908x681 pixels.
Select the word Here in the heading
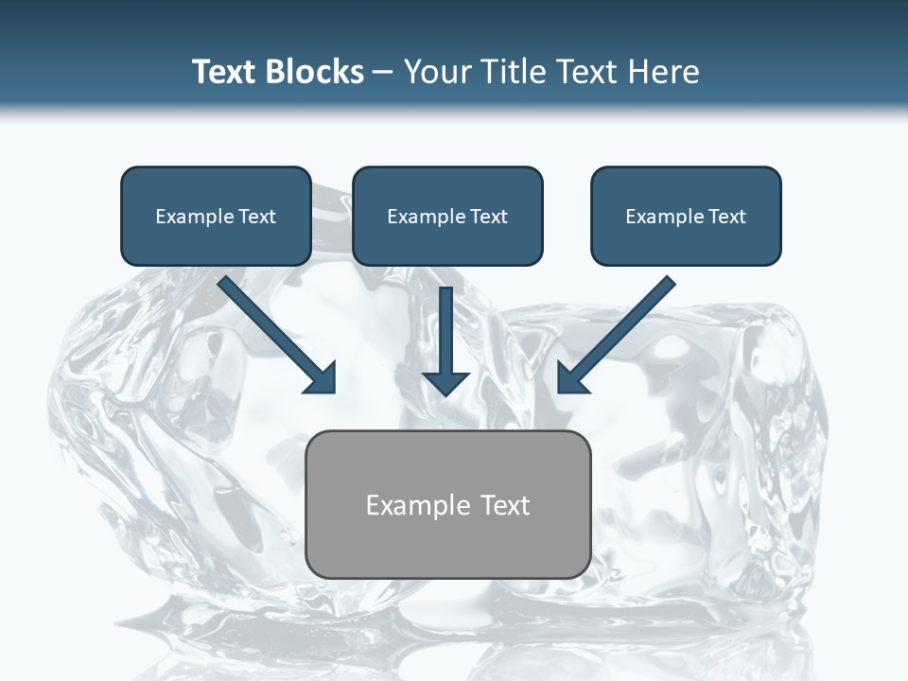click(x=664, y=72)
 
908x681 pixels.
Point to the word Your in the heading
click(x=437, y=72)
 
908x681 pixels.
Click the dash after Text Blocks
click(x=383, y=73)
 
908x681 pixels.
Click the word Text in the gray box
click(x=505, y=505)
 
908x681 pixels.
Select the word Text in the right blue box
click(x=726, y=217)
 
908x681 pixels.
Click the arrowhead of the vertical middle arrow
click(x=445, y=383)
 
